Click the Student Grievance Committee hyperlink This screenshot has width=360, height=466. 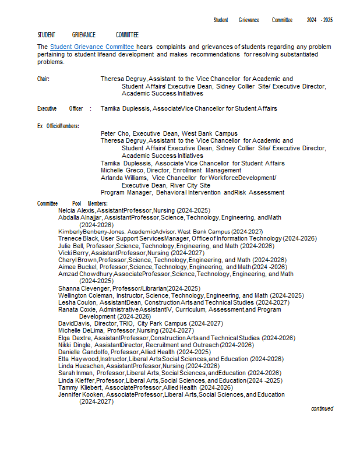pos(93,47)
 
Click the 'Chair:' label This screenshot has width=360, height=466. pos(44,79)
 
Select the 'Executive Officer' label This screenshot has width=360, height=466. pos(61,108)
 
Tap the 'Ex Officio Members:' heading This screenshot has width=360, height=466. pos(58,126)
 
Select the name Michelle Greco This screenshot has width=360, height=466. pos(119,170)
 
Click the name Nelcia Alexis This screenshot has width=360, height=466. pos(76,210)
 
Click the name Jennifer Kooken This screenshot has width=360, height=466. pos(81,394)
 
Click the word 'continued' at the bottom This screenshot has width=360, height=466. pos(322,409)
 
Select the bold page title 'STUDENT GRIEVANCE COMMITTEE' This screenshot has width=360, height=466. pos(88,35)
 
